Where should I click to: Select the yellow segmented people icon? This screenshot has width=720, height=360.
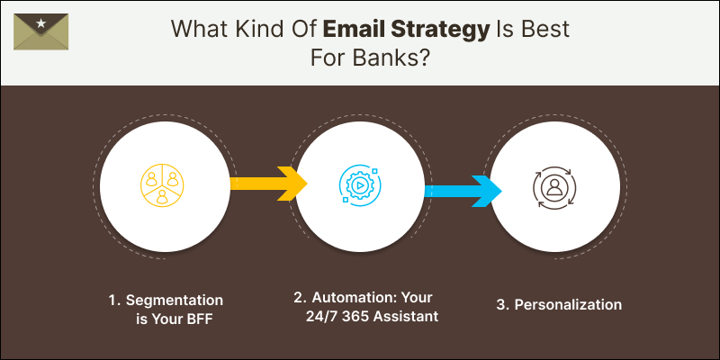pos(162,184)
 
